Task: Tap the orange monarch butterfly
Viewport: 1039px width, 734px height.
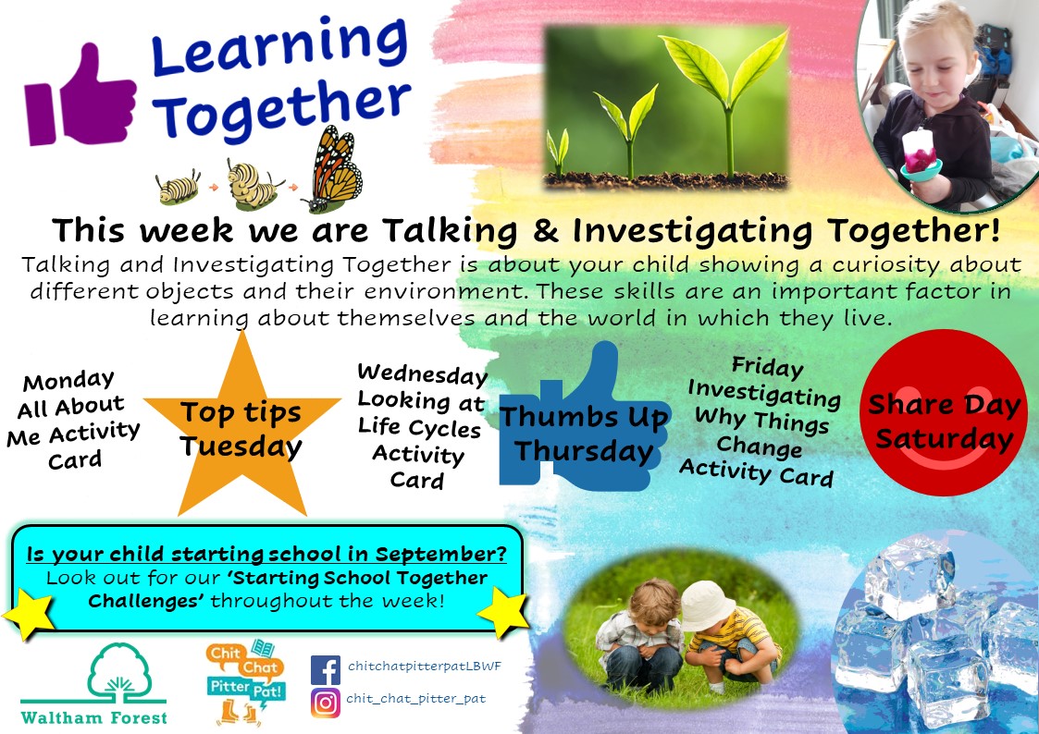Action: pos(335,169)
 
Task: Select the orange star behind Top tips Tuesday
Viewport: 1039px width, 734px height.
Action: pos(242,430)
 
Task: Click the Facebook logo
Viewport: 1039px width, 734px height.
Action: pos(326,670)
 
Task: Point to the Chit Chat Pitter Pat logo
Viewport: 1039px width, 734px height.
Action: pos(245,681)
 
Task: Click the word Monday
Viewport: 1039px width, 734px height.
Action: pos(68,381)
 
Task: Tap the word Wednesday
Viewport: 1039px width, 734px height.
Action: pos(422,374)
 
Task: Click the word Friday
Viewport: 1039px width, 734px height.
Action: pos(767,366)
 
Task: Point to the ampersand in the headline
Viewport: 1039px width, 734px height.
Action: pos(545,231)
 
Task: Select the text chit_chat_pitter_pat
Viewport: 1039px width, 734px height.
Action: pos(416,699)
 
